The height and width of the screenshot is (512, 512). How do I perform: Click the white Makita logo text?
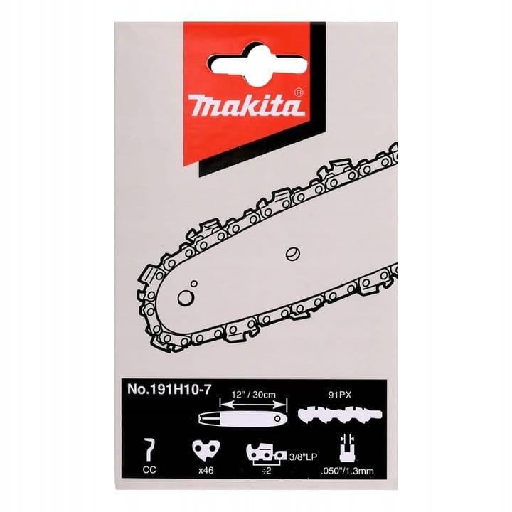click(248, 105)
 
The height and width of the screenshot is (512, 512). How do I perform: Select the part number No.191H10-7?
click(169, 389)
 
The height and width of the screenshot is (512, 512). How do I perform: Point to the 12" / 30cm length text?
click(253, 395)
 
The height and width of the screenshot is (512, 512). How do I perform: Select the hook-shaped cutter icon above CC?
click(150, 450)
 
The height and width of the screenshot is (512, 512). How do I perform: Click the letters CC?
click(149, 469)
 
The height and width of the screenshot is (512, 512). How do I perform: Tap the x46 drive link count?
click(206, 470)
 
